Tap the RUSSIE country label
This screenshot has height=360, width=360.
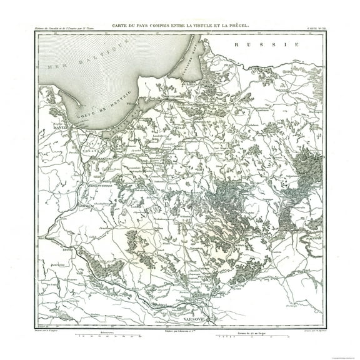pos(263,45)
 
